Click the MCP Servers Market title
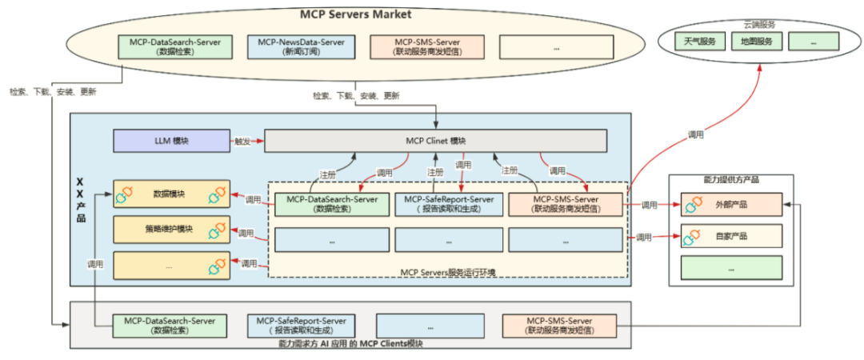355,14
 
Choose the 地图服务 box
756,41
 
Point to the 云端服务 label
759,24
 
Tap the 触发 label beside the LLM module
242,142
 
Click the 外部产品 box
730,205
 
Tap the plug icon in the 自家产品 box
692,238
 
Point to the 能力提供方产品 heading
730,180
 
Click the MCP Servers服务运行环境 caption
448,273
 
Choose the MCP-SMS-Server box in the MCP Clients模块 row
559,325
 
